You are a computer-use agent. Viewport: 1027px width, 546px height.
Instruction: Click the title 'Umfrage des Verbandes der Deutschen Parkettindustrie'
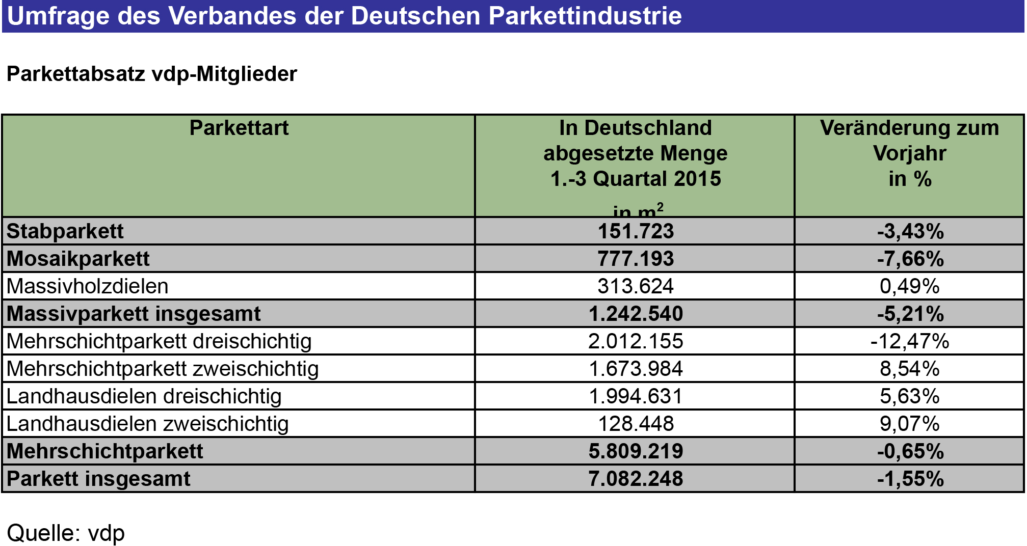tap(344, 15)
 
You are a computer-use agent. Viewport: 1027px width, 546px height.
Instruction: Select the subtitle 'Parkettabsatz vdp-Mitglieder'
tap(151, 74)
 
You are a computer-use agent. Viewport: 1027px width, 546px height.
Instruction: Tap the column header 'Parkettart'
tap(239, 128)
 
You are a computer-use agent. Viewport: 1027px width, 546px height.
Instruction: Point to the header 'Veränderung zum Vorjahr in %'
tap(909, 153)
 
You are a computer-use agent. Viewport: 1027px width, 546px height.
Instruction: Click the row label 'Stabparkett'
tap(65, 231)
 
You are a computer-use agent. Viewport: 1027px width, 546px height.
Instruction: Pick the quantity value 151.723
tap(636, 231)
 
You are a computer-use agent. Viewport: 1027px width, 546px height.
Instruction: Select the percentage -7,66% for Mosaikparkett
tap(910, 259)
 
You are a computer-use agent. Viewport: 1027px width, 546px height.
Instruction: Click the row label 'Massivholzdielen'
tap(87, 286)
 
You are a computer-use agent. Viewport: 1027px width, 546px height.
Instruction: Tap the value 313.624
tap(636, 286)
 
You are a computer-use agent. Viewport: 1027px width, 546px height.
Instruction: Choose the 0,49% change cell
tap(910, 286)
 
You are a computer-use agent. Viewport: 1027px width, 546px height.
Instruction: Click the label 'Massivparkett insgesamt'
tap(134, 314)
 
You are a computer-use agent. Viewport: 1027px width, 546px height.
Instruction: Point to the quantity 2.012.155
tap(636, 341)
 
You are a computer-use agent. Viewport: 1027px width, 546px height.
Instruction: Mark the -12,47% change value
tap(910, 341)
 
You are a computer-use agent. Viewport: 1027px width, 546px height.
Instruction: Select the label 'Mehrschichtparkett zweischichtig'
tap(163, 369)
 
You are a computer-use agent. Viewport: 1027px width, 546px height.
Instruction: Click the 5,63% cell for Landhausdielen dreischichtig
tap(910, 396)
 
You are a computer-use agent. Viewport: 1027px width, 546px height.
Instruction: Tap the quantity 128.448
tap(636, 424)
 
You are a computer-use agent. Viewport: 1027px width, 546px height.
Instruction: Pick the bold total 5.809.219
tap(636, 451)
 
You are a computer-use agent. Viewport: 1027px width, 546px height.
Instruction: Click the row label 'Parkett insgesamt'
tap(98, 479)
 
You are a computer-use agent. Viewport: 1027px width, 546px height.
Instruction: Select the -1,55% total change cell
tap(910, 479)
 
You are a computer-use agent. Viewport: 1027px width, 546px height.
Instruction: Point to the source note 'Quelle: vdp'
tap(66, 533)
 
